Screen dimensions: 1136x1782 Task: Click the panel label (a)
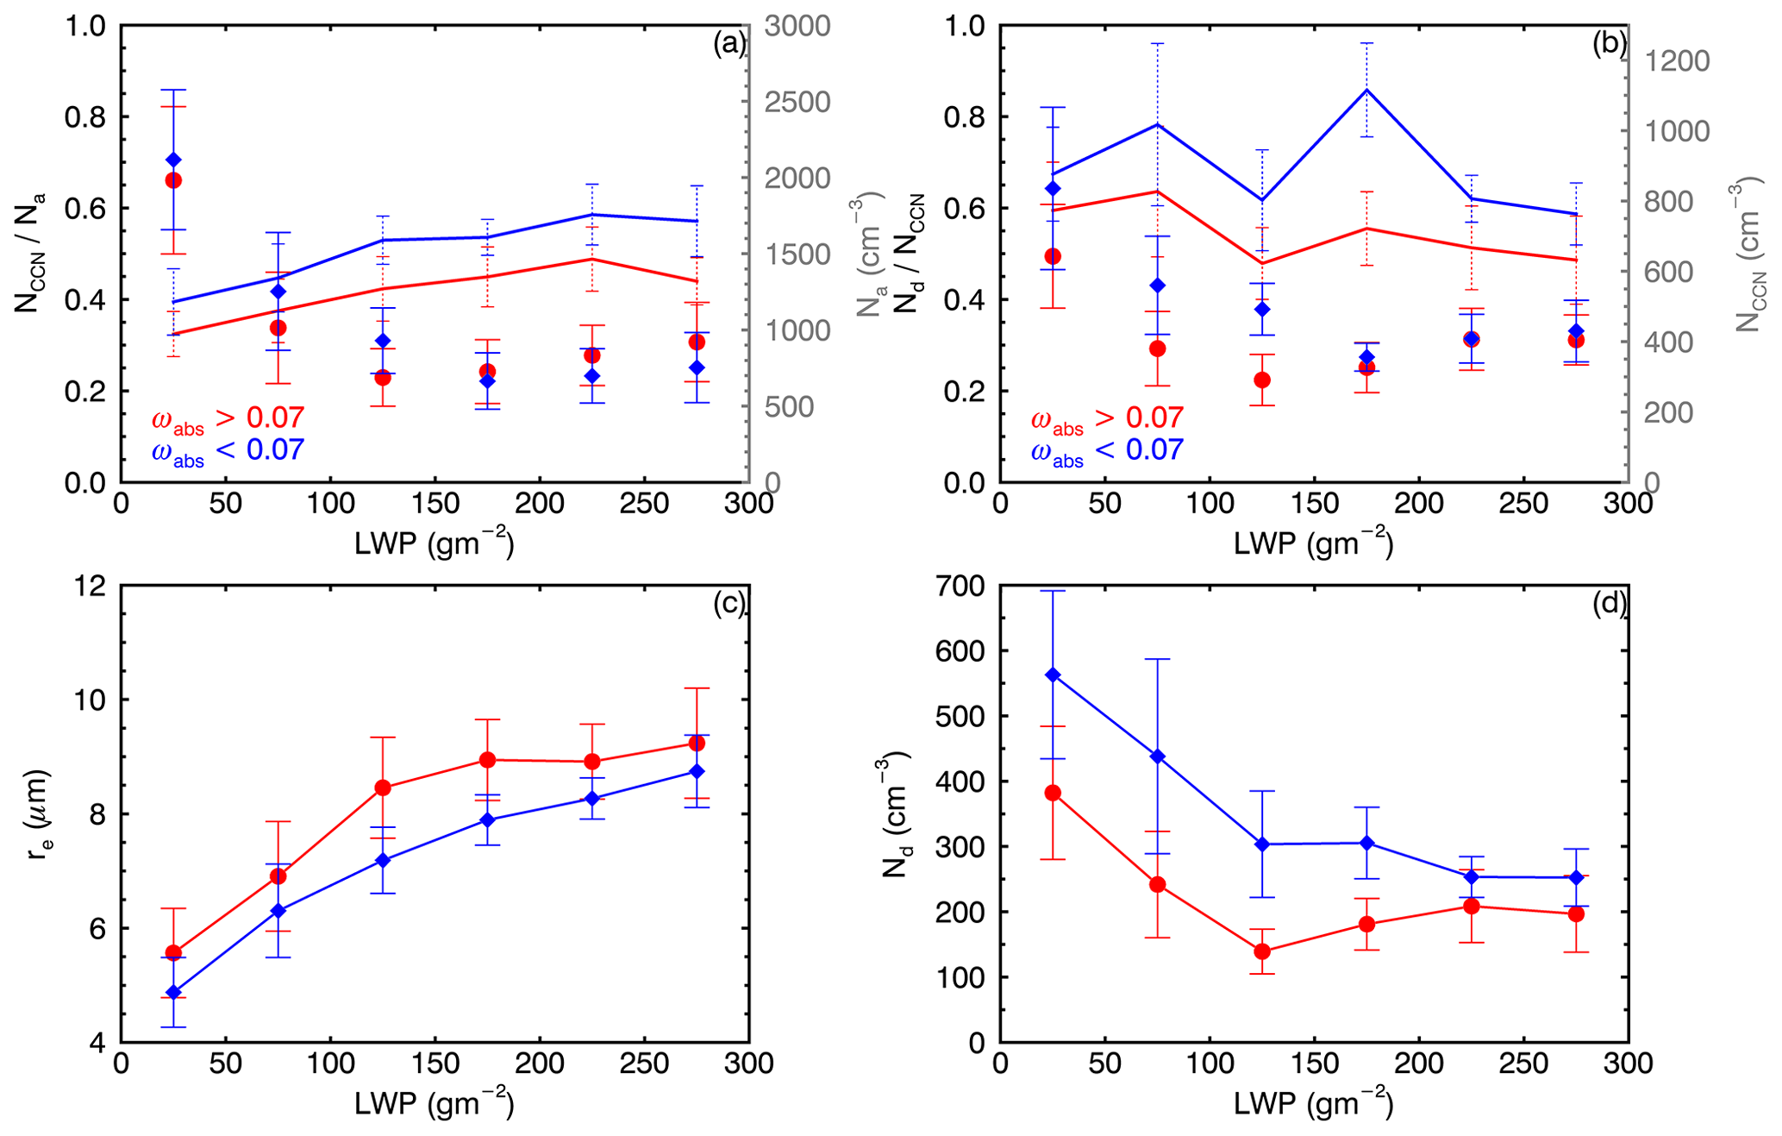tap(728, 44)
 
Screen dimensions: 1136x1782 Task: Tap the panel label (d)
tap(1609, 604)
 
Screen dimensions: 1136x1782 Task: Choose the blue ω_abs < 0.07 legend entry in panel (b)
tap(1107, 450)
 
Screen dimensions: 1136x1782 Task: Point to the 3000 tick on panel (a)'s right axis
tap(797, 26)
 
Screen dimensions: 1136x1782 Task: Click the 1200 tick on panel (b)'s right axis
tap(1677, 61)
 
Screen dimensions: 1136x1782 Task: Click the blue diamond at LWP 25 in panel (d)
tap(1053, 675)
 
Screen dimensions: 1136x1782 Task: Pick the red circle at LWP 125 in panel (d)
tap(1262, 951)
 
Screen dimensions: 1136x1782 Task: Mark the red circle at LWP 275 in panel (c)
tap(697, 743)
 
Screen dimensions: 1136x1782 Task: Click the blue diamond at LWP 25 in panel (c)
tap(173, 992)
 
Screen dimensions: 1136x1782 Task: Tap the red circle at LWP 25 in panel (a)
tap(173, 180)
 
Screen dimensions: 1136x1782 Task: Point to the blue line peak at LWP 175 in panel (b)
tap(1366, 90)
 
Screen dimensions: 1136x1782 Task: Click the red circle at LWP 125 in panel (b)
tap(1262, 380)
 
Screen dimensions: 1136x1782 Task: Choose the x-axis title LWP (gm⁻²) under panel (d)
tap(1313, 1103)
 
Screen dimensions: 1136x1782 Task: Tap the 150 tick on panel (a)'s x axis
tap(435, 504)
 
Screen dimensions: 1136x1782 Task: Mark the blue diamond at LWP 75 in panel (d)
tap(1157, 756)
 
